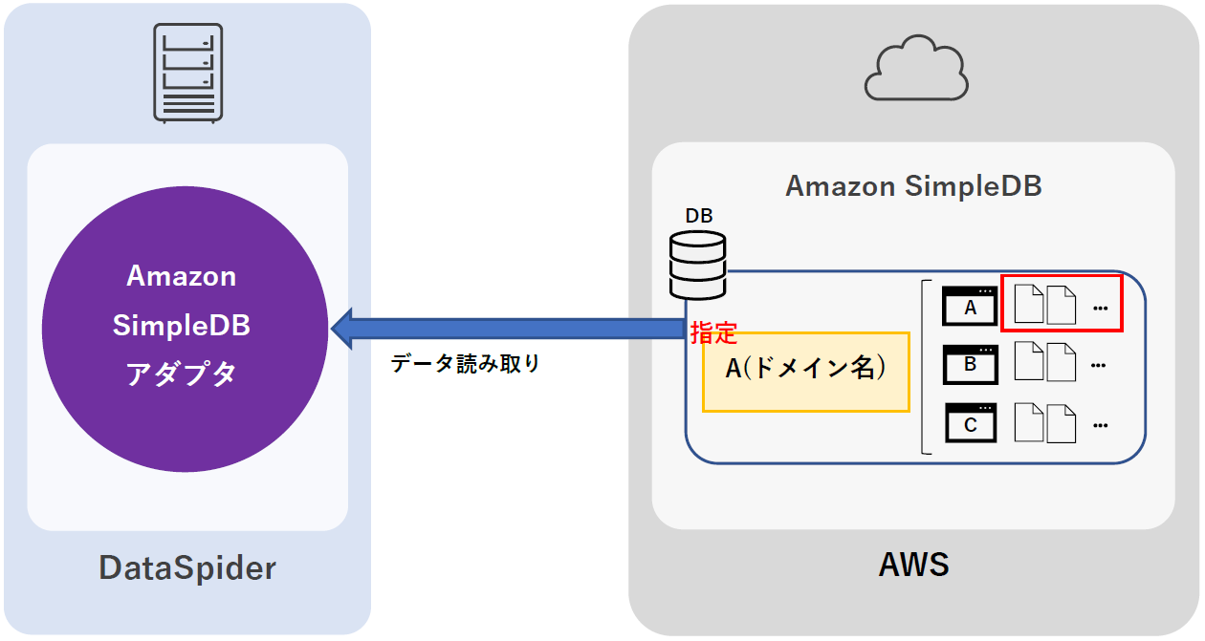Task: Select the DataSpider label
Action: click(187, 568)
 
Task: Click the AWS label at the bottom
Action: click(913, 565)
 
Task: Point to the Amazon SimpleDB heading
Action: click(913, 185)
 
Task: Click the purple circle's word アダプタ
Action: click(182, 374)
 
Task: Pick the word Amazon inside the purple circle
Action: click(182, 276)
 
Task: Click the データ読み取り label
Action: click(466, 364)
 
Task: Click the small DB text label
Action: click(698, 216)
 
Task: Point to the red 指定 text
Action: click(714, 333)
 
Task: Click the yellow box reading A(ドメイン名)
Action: click(805, 371)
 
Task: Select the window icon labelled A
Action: click(970, 307)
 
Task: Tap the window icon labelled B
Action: click(970, 364)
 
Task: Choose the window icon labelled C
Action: click(970, 422)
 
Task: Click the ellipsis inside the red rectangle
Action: click(1099, 309)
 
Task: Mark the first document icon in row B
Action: click(1029, 363)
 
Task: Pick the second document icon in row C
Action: click(1062, 422)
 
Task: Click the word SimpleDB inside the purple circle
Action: click(182, 325)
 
